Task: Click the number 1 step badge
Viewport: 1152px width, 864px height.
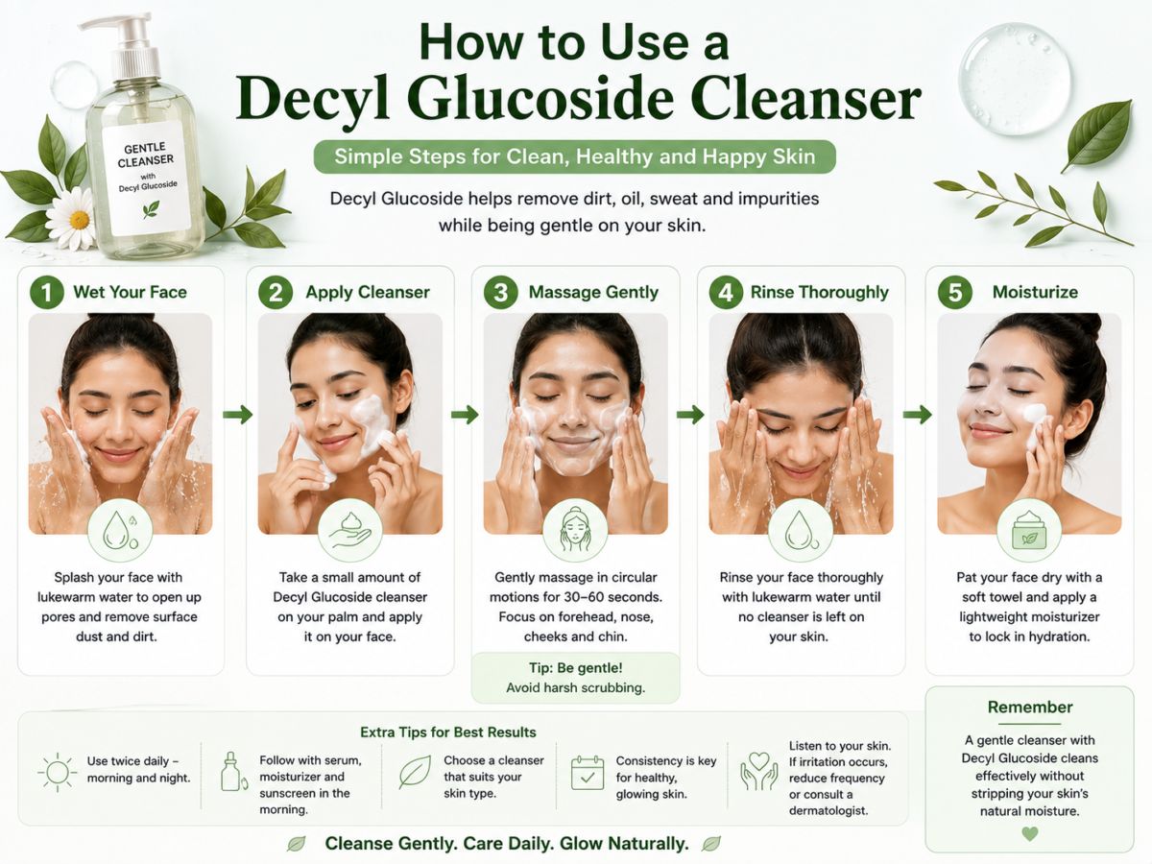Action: click(47, 292)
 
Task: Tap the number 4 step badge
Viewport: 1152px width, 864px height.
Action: click(726, 292)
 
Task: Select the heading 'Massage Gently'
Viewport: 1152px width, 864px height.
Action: click(593, 292)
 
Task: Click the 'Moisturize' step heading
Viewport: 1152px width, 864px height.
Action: click(1035, 292)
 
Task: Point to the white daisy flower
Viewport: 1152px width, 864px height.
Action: click(75, 219)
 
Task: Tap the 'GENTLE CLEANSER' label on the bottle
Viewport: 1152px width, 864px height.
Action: click(145, 155)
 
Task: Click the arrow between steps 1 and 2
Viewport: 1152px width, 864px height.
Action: click(237, 415)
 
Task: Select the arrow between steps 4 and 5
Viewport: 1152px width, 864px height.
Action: click(917, 415)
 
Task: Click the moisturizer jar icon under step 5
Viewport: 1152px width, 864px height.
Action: click(1029, 530)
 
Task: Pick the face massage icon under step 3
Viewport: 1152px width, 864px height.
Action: click(575, 530)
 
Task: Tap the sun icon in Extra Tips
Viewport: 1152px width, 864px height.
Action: click(58, 772)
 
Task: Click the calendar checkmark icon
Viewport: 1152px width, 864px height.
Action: click(588, 773)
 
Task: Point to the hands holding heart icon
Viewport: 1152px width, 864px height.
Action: click(759, 771)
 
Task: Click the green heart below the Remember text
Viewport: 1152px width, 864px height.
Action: click(1030, 833)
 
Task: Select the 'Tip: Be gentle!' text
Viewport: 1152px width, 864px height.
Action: click(575, 668)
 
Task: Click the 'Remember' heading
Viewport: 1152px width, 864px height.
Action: click(1030, 708)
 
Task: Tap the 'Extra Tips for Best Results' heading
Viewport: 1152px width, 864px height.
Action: click(447, 732)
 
